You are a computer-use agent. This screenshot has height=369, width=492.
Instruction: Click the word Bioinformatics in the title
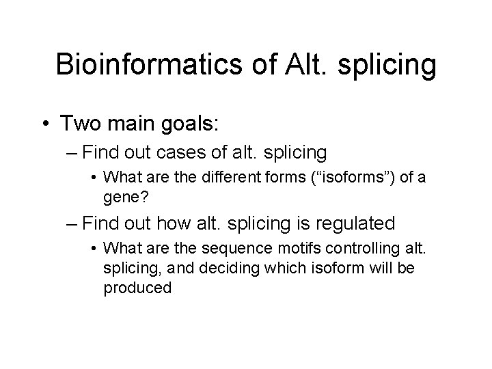(x=140, y=65)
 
